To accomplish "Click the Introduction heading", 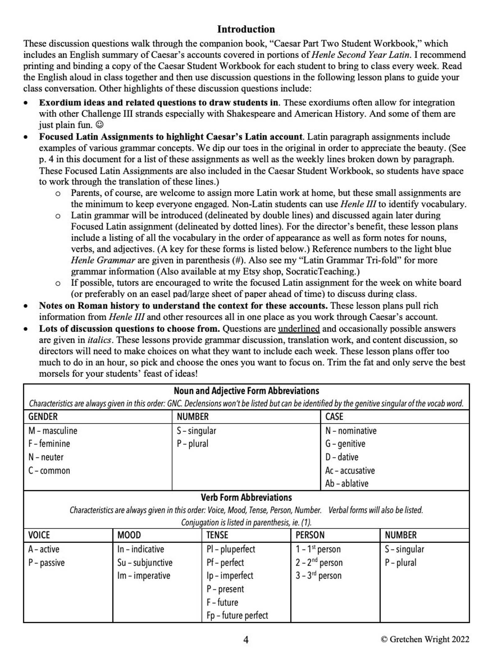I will [246, 29].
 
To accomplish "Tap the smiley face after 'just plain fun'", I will [100, 125].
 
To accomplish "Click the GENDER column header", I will [43, 417].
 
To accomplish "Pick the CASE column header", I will [334, 417].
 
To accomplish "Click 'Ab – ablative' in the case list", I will [346, 484].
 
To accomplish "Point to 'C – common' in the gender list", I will [49, 471].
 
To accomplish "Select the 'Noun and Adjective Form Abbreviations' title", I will [246, 390].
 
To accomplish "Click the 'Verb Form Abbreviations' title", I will [246, 498].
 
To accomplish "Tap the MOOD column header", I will [129, 535].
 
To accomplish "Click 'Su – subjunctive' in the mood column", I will [145, 562].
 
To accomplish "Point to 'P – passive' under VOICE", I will [46, 562].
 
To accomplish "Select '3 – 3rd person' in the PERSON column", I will [318, 576].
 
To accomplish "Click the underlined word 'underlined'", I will [299, 329].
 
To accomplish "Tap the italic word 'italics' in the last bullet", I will [99, 340].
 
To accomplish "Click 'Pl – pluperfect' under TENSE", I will [231, 549].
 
